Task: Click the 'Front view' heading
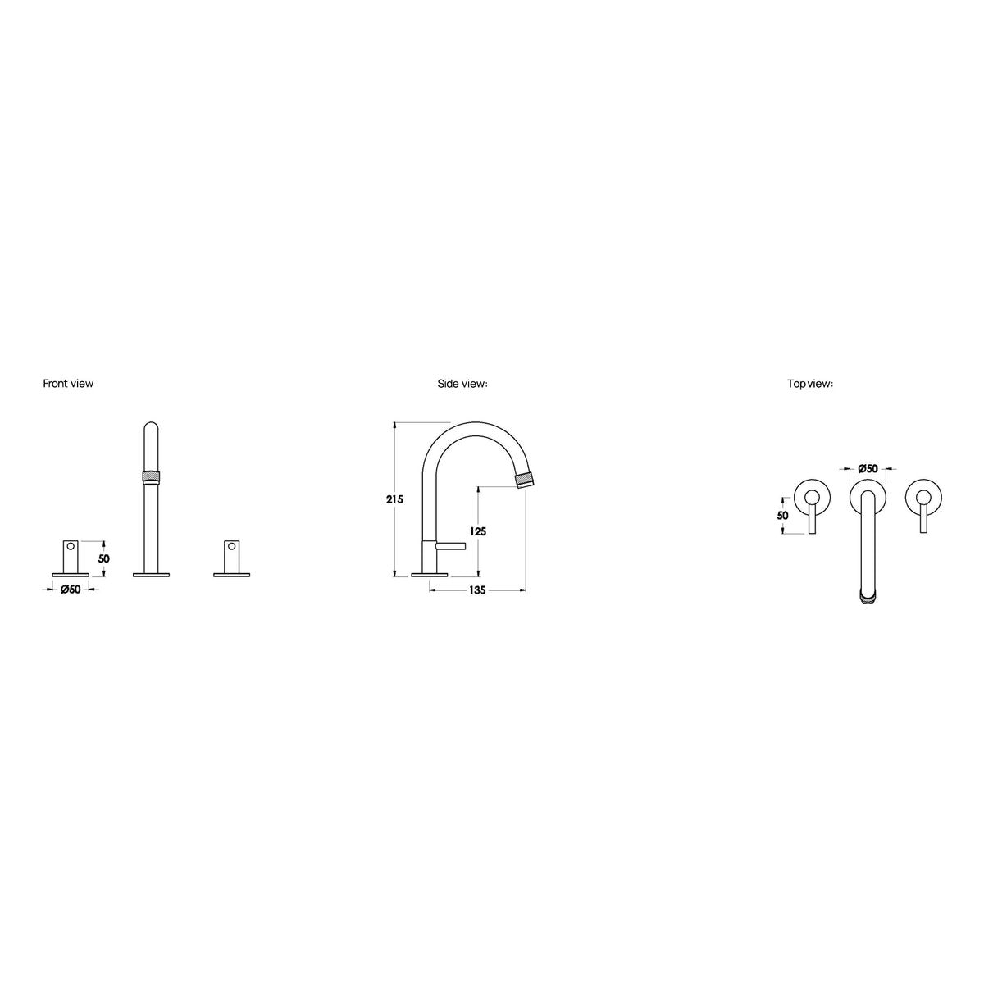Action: click(x=68, y=384)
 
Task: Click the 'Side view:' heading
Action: click(x=462, y=384)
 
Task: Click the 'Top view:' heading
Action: click(x=810, y=384)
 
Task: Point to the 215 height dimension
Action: click(x=394, y=499)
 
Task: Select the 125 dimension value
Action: click(x=478, y=531)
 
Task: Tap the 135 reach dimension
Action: click(x=477, y=590)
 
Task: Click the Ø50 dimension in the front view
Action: click(x=71, y=590)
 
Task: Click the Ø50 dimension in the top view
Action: click(x=868, y=467)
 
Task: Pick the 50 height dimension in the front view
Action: click(x=103, y=558)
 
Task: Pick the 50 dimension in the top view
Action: click(x=782, y=516)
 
